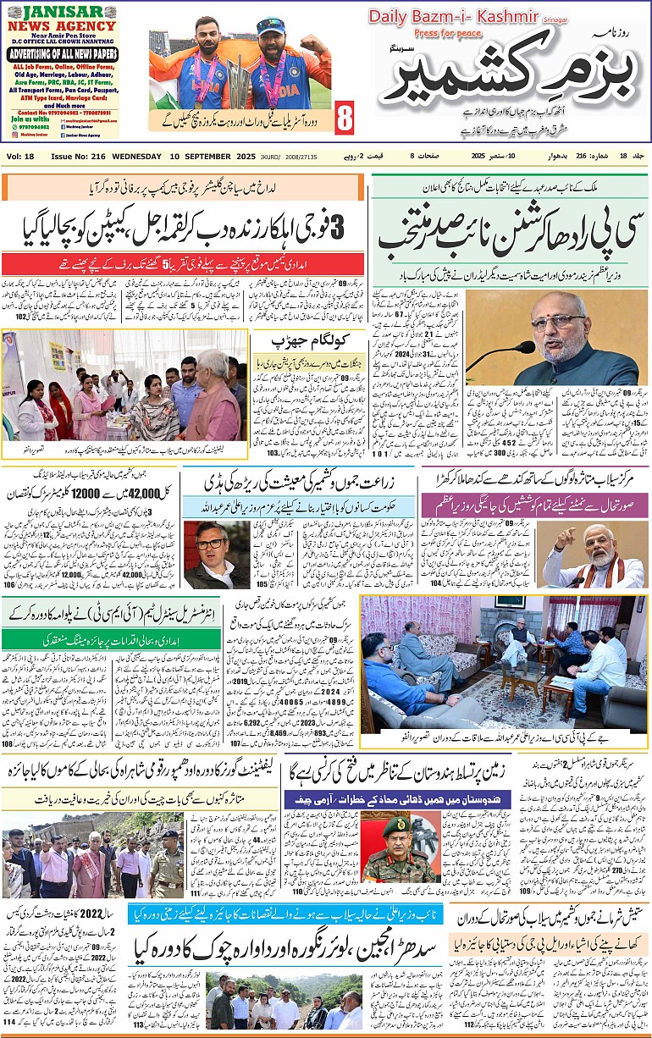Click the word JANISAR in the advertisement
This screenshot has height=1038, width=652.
coord(59,12)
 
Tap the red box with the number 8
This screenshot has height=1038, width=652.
coord(345,113)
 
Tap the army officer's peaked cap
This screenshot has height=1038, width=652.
coord(397,825)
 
